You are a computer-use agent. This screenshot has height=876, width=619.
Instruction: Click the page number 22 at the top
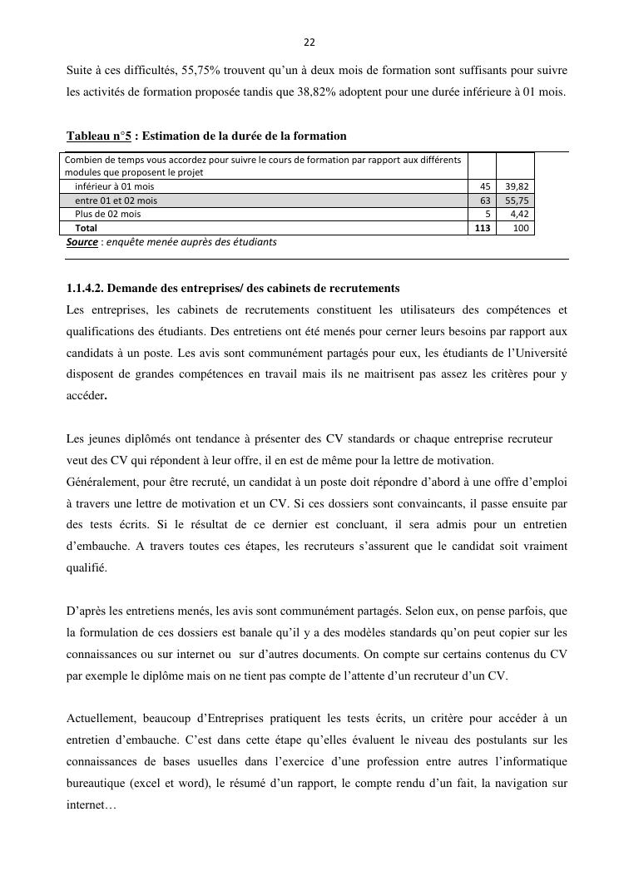click(x=309, y=42)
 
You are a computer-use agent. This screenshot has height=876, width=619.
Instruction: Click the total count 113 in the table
click(x=483, y=227)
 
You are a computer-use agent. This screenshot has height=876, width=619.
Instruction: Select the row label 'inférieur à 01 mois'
click(x=114, y=187)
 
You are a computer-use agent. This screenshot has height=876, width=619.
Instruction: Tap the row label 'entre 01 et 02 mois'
click(x=116, y=200)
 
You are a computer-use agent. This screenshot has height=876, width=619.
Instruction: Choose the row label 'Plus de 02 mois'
click(x=107, y=214)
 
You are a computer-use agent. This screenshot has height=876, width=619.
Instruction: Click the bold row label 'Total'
click(x=86, y=227)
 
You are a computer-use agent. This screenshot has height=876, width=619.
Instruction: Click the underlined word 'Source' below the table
click(x=82, y=242)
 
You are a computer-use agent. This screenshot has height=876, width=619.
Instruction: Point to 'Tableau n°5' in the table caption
click(x=99, y=136)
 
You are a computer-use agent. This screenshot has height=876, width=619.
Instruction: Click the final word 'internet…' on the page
click(x=92, y=805)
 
